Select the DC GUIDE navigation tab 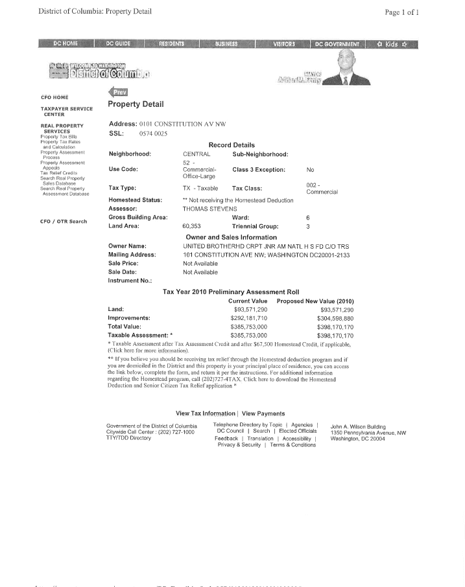coord(119,44)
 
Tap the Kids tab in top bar coord(392,44)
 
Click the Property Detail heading coord(136,104)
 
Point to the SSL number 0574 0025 coord(153,133)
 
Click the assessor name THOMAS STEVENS coord(209,209)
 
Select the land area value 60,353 coord(192,226)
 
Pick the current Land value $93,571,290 coord(246,310)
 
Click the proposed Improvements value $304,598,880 coord(335,318)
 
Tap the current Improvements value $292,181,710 coord(248,318)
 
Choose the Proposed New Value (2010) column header coord(315,301)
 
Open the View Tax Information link coord(205,413)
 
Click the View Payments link coord(263,413)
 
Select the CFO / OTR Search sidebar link coord(64,222)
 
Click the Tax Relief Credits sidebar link coord(59,173)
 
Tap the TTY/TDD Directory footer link coord(128,438)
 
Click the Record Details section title coord(232,145)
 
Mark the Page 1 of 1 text coord(401,12)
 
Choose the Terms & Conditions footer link coord(293,445)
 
